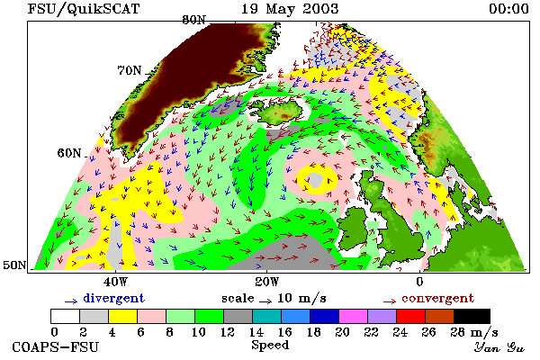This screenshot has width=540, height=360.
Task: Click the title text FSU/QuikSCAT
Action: (x=84, y=9)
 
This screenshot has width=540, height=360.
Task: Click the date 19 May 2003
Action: (x=290, y=9)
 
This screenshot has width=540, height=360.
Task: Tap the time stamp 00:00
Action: (x=508, y=9)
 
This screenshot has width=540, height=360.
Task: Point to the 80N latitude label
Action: (x=193, y=20)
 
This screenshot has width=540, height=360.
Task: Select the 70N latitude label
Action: (x=130, y=70)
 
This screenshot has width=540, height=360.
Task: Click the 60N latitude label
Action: (x=69, y=153)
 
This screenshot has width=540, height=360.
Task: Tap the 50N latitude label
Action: (x=14, y=265)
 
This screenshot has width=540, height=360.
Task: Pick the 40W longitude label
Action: (x=115, y=282)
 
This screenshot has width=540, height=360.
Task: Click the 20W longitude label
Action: (x=267, y=282)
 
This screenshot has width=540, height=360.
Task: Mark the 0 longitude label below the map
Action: (x=419, y=282)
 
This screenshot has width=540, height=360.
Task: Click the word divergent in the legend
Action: (x=113, y=298)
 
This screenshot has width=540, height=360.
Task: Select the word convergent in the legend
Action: (x=437, y=298)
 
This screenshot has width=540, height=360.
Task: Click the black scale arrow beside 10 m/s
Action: (x=265, y=301)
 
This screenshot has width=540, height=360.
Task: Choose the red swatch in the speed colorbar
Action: (x=410, y=316)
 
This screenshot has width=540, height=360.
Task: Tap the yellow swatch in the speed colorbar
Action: (x=122, y=316)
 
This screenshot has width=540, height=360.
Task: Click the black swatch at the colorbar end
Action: (x=472, y=316)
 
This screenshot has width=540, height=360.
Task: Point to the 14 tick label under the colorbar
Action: (x=256, y=332)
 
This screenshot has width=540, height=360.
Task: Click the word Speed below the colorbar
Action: (x=270, y=345)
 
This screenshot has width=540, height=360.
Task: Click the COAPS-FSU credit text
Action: (x=55, y=346)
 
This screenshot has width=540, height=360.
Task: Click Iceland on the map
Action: (x=280, y=111)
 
